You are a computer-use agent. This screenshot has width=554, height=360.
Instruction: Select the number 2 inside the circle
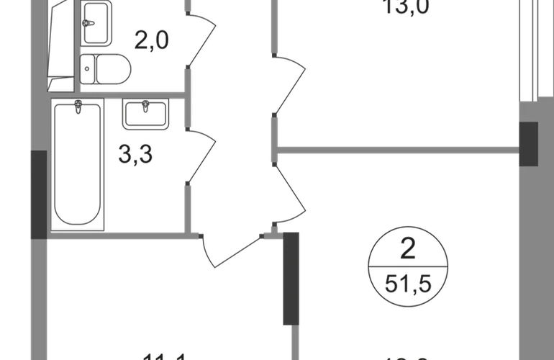pyautogui.click(x=407, y=254)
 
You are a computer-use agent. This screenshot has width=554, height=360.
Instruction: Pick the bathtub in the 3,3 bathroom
pyautogui.click(x=78, y=164)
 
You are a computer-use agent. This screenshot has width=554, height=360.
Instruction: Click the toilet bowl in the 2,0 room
pyautogui.click(x=104, y=70)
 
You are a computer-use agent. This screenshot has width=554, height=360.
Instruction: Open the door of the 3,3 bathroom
pyautogui.click(x=201, y=155)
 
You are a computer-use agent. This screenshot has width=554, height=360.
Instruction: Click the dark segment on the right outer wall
pyautogui.click(x=529, y=144)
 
